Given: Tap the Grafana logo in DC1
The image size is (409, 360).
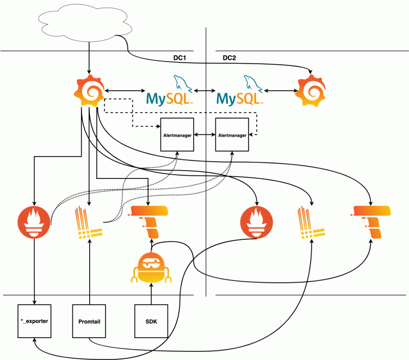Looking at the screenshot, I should (89, 90).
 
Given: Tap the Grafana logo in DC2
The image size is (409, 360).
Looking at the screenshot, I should (312, 90).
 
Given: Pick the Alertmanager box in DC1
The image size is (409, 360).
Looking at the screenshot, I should (177, 134).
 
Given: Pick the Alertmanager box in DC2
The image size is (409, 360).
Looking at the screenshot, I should (233, 134).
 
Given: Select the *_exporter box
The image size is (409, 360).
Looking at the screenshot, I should (34, 321).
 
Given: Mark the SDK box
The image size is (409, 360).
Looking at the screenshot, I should (151, 321).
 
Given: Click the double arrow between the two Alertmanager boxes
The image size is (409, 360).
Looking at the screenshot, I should (205, 134).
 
